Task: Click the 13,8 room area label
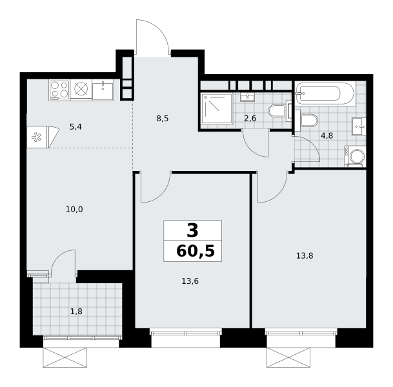305,256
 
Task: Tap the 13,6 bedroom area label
190,281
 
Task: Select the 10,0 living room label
74,210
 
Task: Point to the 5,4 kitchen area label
76,127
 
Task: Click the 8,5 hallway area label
163,119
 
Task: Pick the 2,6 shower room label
250,118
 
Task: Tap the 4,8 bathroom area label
327,135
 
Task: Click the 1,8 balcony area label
76,312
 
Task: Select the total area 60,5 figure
196,251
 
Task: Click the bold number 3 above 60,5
192,231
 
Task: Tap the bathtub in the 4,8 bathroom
325,94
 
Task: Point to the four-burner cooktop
59,90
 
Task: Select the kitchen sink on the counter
103,90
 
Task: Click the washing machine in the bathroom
355,156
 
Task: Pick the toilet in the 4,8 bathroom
307,121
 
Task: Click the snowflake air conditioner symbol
37,137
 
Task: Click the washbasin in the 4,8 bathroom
359,126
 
